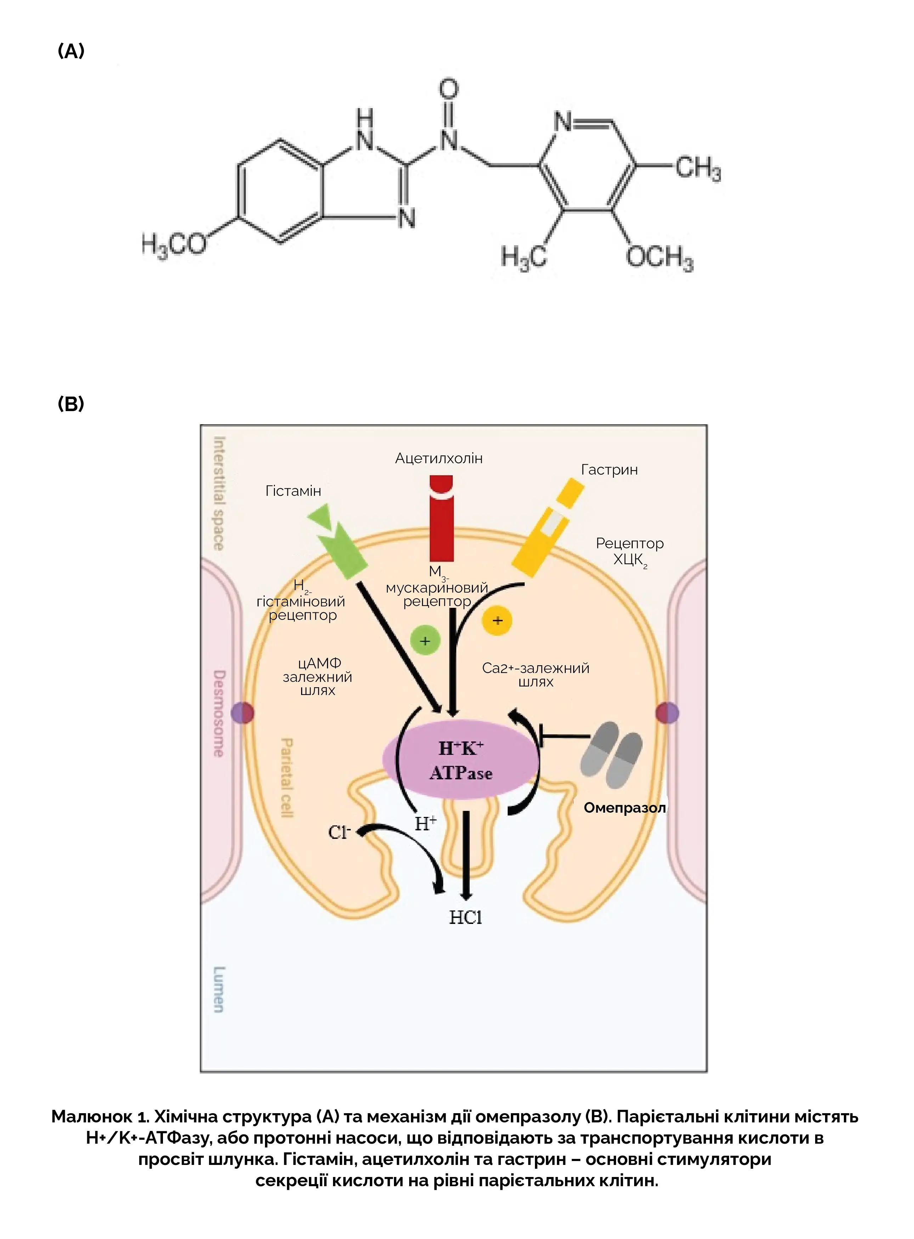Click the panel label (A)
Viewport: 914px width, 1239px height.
coord(71,51)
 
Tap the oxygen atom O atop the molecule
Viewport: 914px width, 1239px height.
coord(449,90)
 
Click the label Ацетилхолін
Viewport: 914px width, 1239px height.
coord(439,458)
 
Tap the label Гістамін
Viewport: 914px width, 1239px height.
coord(293,491)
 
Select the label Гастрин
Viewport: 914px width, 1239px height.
coord(609,470)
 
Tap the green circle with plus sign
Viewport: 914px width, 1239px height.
coord(425,641)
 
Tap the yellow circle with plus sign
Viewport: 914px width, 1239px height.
coord(497,620)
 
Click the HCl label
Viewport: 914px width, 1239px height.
coord(465,918)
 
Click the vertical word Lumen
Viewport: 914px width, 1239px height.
coord(219,989)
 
